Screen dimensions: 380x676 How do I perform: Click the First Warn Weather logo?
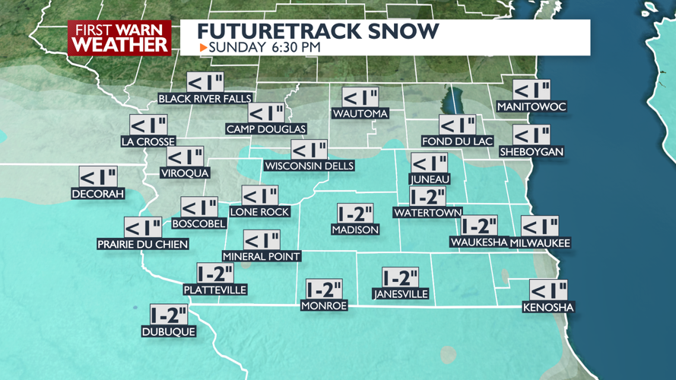tap(119, 37)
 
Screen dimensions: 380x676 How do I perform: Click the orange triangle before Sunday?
tap(203, 48)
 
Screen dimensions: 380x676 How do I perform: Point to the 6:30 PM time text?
tap(294, 48)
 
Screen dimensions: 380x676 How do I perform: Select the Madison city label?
tap(355, 230)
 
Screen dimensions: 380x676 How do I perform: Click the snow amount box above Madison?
tap(356, 214)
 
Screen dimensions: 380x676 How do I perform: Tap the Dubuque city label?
tap(169, 331)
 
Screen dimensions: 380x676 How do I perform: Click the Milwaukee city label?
tap(540, 242)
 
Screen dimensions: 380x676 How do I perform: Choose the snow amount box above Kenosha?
tap(548, 290)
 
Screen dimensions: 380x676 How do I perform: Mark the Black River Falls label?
tap(205, 99)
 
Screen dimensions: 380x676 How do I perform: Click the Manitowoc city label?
tap(532, 107)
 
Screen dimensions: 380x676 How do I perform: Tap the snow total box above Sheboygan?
tap(532, 135)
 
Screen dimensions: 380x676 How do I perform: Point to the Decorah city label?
tap(97, 194)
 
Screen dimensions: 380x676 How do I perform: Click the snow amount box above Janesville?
tap(400, 277)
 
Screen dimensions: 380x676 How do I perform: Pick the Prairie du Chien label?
tap(143, 244)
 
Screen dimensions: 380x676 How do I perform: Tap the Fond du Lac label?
tap(458, 141)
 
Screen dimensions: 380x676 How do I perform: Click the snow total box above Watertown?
tap(427, 197)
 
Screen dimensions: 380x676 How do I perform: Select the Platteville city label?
tap(215, 290)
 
